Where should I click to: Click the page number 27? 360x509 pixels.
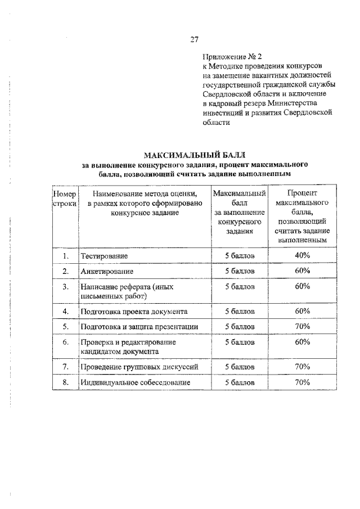[x=194, y=39]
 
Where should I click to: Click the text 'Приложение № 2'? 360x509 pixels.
[x=232, y=57]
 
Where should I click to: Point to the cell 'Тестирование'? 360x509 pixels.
[x=104, y=256]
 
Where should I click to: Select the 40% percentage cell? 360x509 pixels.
[x=303, y=255]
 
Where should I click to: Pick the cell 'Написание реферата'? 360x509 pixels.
[x=124, y=291]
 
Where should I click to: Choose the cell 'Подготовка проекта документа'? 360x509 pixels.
[x=134, y=311]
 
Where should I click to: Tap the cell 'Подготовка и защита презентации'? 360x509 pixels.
[x=138, y=326]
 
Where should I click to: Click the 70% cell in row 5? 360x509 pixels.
[x=303, y=326]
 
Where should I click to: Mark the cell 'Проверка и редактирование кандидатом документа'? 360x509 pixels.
[x=128, y=346]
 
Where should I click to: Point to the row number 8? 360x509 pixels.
[x=65, y=382]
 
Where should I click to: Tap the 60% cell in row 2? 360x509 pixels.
[x=303, y=271]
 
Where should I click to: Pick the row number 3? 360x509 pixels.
[x=65, y=287]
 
